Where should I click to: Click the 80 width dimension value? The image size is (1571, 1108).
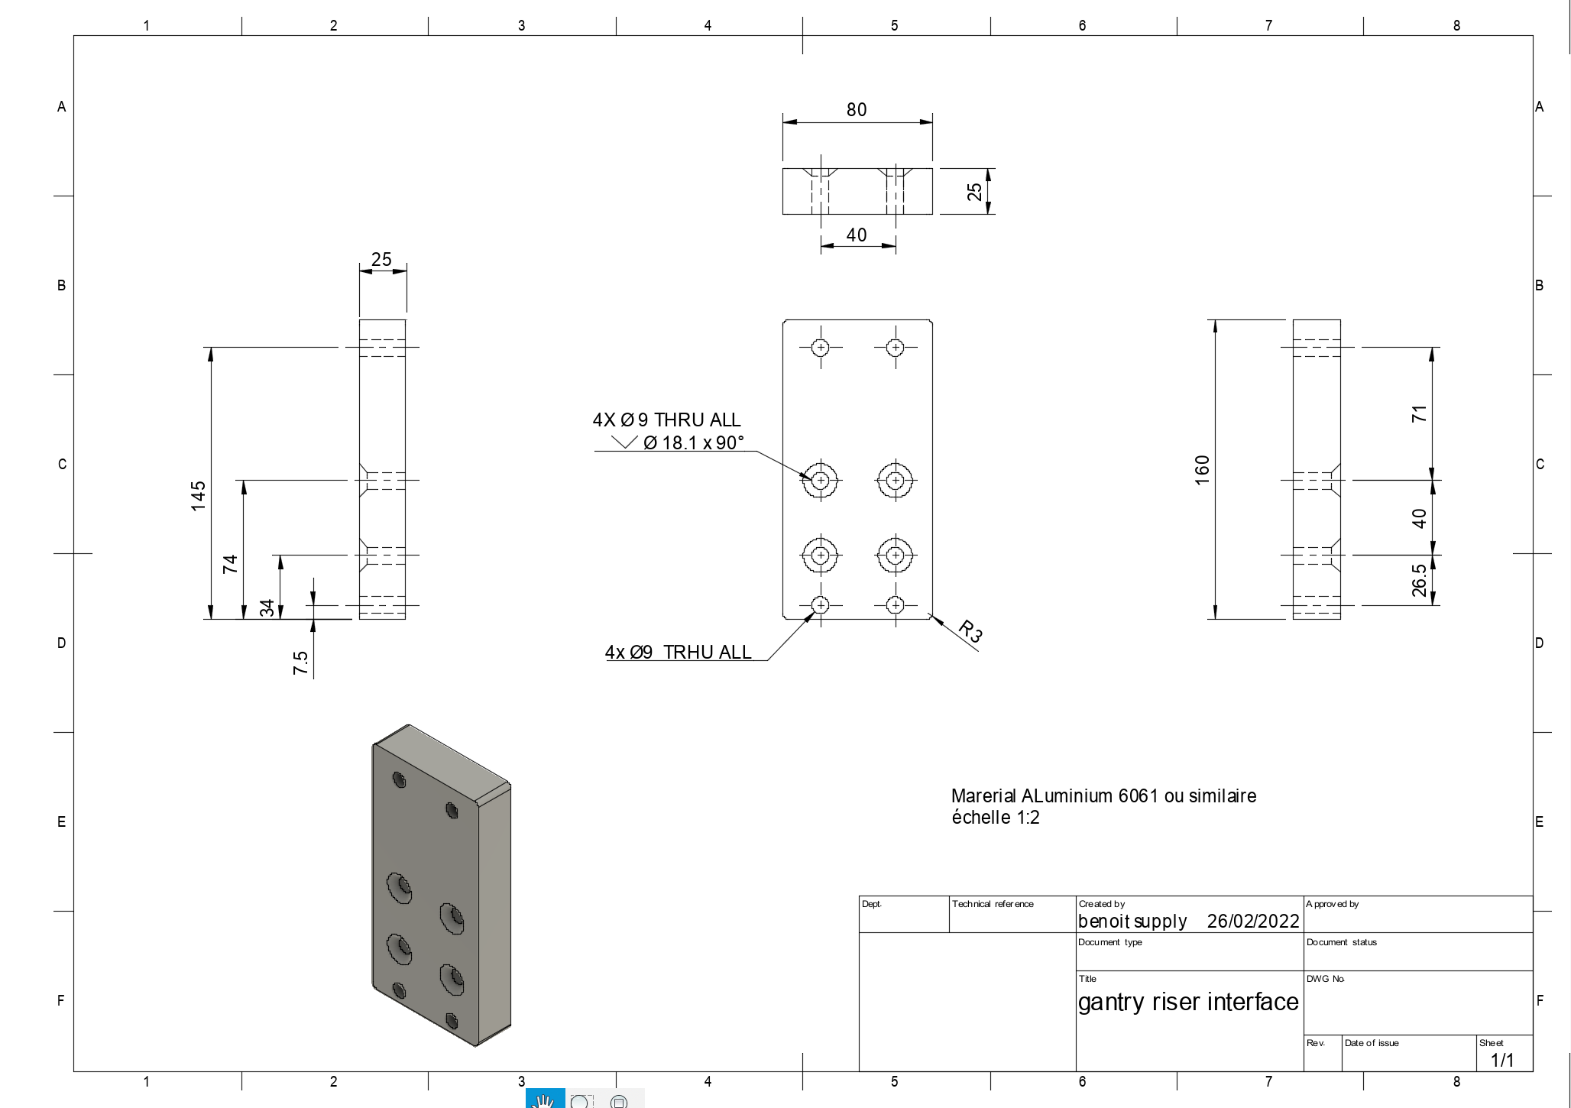pyautogui.click(x=857, y=110)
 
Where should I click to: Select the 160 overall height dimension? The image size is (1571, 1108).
pyautogui.click(x=1202, y=469)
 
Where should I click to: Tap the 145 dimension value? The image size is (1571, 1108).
pyautogui.click(x=199, y=496)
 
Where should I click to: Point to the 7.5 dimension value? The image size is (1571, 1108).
pyautogui.click(x=300, y=663)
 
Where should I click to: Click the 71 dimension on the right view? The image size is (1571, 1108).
pyautogui.click(x=1419, y=414)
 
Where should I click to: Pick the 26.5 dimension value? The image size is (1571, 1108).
pyautogui.click(x=1419, y=580)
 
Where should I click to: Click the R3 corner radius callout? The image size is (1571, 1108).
pyautogui.click(x=970, y=631)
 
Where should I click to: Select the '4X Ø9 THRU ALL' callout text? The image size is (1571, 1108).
pyautogui.click(x=667, y=420)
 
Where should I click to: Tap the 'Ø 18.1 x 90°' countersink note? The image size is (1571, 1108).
pyautogui.click(x=693, y=443)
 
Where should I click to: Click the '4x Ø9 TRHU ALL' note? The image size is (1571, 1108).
pyautogui.click(x=679, y=653)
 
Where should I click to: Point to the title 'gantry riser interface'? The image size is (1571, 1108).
pyautogui.click(x=1188, y=1002)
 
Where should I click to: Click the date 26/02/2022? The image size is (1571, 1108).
pyautogui.click(x=1253, y=922)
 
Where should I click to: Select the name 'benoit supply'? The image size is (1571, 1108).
pyautogui.click(x=1132, y=922)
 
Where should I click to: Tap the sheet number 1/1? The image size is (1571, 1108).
pyautogui.click(x=1502, y=1060)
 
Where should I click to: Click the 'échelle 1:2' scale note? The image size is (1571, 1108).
pyautogui.click(x=996, y=818)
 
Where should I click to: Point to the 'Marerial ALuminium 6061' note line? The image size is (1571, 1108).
pyautogui.click(x=1104, y=796)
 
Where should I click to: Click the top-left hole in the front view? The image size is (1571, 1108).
pyautogui.click(x=821, y=348)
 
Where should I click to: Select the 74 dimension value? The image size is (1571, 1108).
pyautogui.click(x=230, y=564)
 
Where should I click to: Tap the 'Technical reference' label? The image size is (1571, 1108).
pyautogui.click(x=993, y=904)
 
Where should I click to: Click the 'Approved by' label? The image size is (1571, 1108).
pyautogui.click(x=1333, y=904)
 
